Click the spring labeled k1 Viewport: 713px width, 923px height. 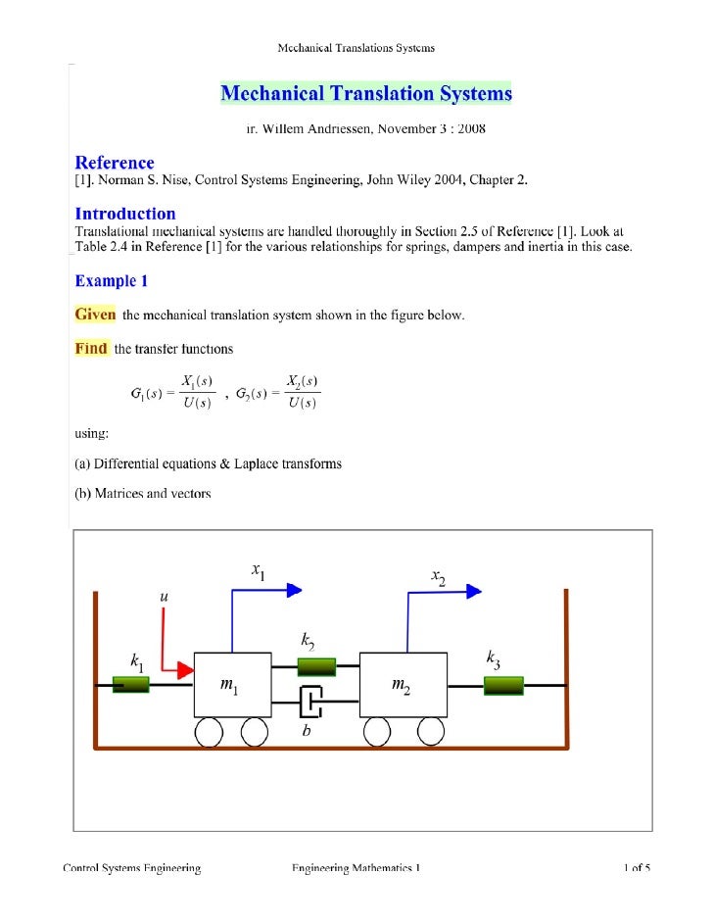pos(130,685)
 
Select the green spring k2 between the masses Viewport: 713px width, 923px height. pos(315,667)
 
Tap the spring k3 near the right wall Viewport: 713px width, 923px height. pos(503,685)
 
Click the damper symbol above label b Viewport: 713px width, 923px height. pos(310,702)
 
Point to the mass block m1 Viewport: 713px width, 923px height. pos(233,685)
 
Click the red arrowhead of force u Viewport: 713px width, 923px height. pos(183,671)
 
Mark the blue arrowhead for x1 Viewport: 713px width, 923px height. pos(293,590)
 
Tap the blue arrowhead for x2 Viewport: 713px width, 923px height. pos(473,590)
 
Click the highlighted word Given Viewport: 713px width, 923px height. pos(96,315)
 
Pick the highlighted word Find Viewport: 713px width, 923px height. pos(91,349)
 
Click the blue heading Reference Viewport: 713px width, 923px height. pos(115,164)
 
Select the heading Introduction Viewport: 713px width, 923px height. pos(125,214)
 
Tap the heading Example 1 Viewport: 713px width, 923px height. pos(112,281)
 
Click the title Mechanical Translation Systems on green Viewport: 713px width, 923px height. pos(365,94)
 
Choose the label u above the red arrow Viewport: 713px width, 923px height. pos(164,595)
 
